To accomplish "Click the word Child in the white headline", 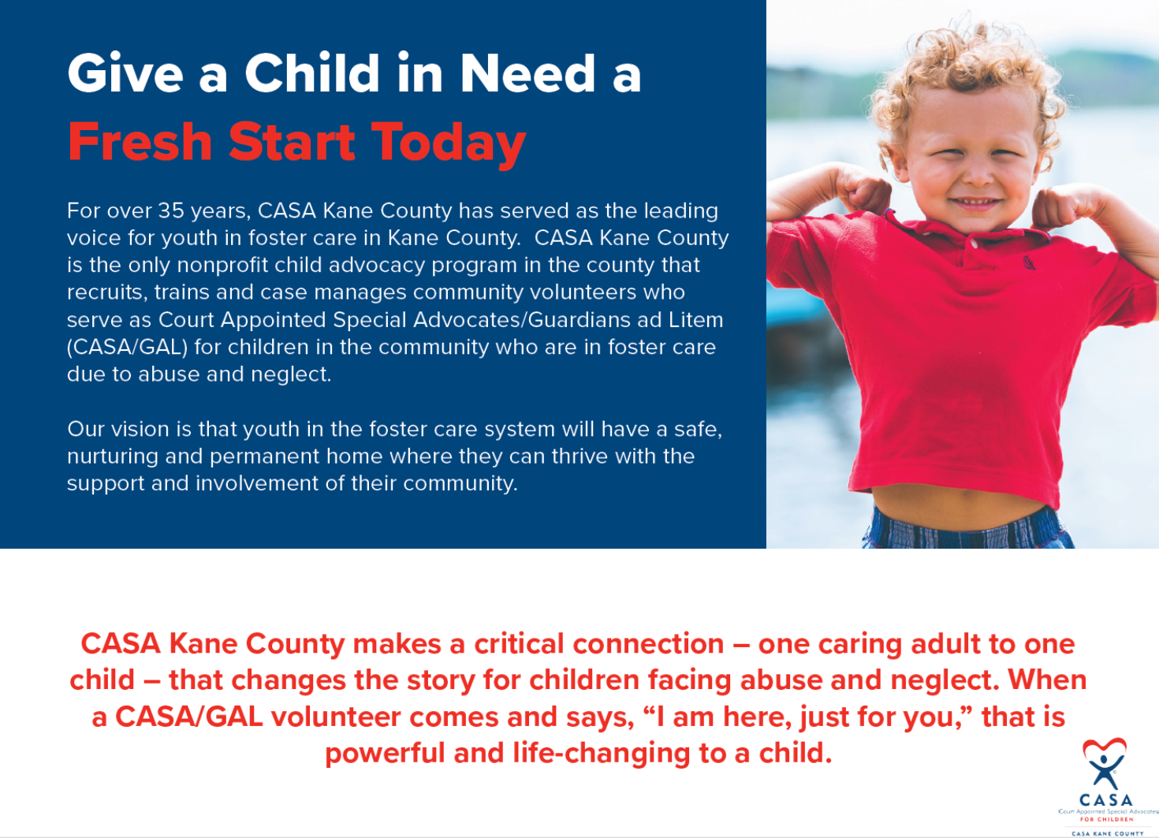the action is pos(312,73).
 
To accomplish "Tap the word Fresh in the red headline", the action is pos(140,141).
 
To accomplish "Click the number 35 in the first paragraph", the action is pos(170,211).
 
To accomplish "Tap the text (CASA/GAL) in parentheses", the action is pos(127,347).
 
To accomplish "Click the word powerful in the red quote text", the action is pos(385,754).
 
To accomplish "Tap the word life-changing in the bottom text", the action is pos(602,754).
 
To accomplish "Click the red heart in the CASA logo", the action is pos(1105,747).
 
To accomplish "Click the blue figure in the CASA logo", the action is pos(1104,771).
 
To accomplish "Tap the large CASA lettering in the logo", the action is pos(1105,799).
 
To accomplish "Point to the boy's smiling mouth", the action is pos(975,203).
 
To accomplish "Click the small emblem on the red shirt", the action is pos(1029,263).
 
